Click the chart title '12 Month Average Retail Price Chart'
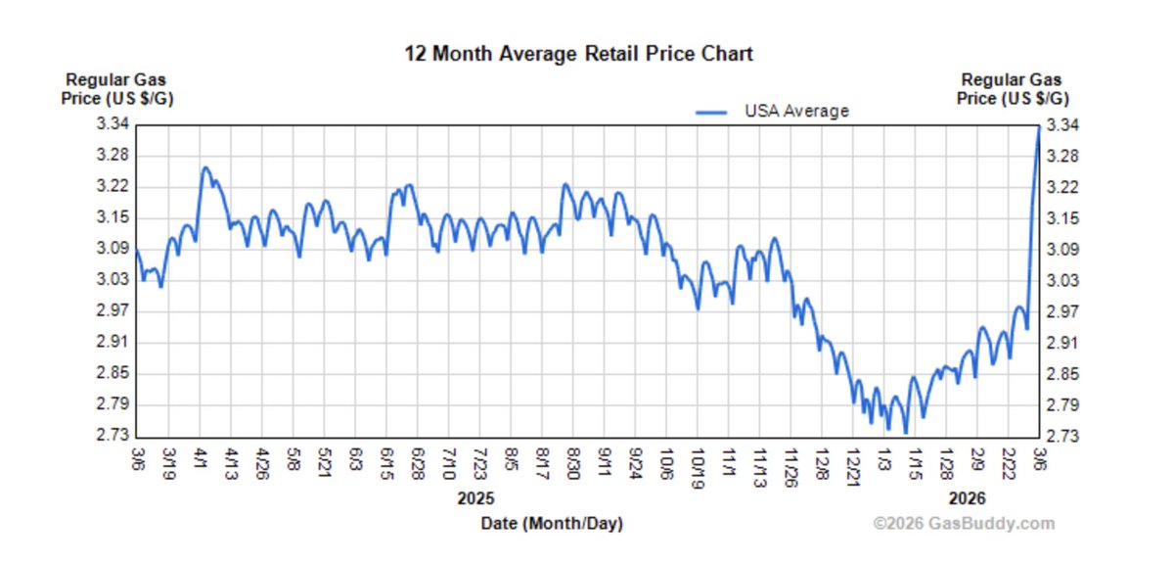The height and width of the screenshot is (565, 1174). (579, 53)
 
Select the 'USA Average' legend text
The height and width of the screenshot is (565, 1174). (796, 111)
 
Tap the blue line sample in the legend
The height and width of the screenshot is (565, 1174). (712, 112)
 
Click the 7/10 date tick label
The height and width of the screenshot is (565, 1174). (449, 460)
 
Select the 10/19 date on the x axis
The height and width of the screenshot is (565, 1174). (699, 463)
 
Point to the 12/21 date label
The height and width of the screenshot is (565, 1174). (853, 463)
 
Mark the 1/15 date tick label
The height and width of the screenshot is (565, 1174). (915, 460)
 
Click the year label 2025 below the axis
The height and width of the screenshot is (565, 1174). (476, 497)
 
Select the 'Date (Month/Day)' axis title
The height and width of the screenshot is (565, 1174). (552, 523)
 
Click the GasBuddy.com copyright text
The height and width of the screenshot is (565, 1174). (964, 523)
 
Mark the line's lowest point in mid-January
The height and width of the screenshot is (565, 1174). (906, 433)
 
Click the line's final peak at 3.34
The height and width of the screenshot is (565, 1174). (1038, 126)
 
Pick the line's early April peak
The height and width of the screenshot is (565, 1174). (204, 167)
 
